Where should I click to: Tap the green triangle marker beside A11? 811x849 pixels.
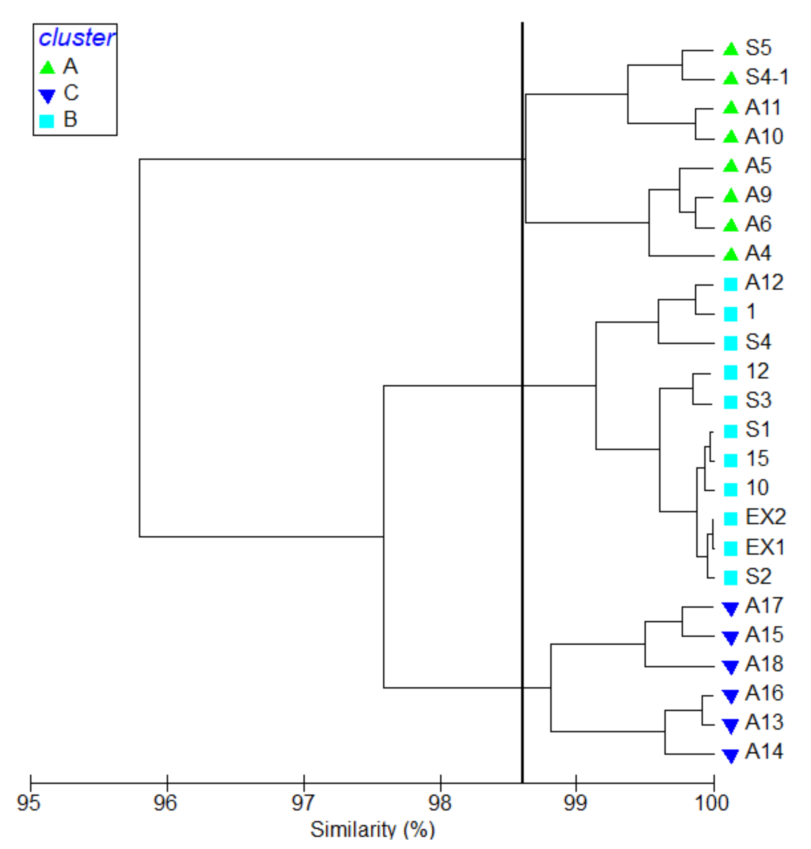[x=730, y=108]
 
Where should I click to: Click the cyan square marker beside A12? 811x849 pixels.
[x=730, y=284]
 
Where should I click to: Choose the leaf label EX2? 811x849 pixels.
[x=765, y=517]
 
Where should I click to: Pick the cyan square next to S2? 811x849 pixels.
[x=730, y=578]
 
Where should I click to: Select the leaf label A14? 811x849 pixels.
[x=764, y=752]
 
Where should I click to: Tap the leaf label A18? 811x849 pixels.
[x=764, y=664]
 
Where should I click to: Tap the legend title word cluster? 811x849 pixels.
[x=76, y=38]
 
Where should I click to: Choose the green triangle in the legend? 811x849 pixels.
[x=47, y=67]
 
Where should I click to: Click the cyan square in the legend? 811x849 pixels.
[x=47, y=121]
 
